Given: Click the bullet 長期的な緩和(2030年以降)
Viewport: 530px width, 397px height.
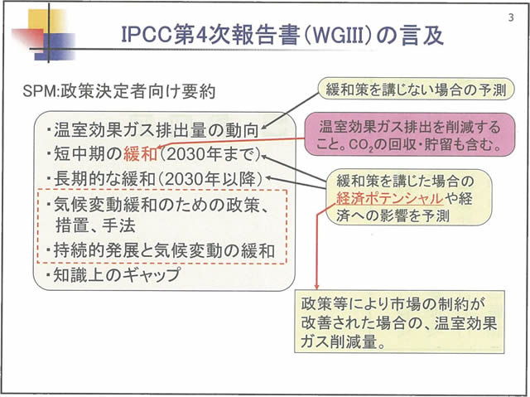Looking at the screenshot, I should [154, 178].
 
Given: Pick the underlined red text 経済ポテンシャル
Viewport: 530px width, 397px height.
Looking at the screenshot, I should [378, 198].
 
